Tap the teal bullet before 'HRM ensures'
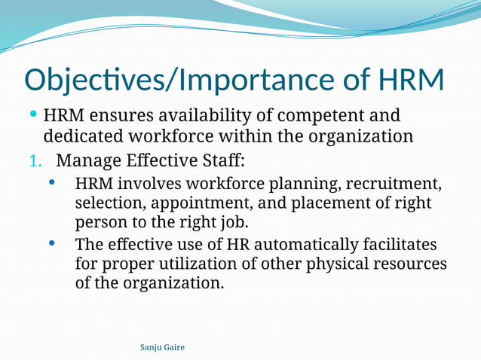click(33, 115)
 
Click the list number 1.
click(33, 160)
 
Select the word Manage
click(87, 160)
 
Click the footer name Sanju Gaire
click(162, 347)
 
